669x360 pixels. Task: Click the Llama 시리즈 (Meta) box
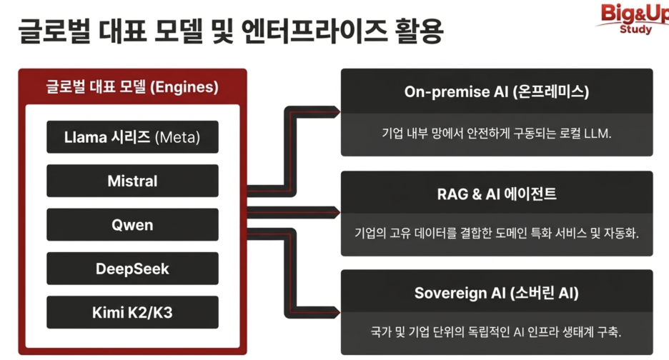point(132,137)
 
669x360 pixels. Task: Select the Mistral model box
point(132,181)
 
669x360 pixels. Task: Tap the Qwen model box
point(132,225)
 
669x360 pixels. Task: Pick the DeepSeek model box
point(132,269)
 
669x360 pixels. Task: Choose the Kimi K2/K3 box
point(132,312)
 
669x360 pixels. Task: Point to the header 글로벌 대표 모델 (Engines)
point(132,87)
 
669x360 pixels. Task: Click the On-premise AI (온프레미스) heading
point(497,91)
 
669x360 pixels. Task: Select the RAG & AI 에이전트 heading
point(497,194)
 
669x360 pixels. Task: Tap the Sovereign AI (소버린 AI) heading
point(497,293)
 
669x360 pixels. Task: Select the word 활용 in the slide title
point(420,31)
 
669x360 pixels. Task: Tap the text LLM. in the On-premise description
point(598,134)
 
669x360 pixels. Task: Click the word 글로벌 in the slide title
point(54,31)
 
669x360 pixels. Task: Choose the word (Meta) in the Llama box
point(177,137)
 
